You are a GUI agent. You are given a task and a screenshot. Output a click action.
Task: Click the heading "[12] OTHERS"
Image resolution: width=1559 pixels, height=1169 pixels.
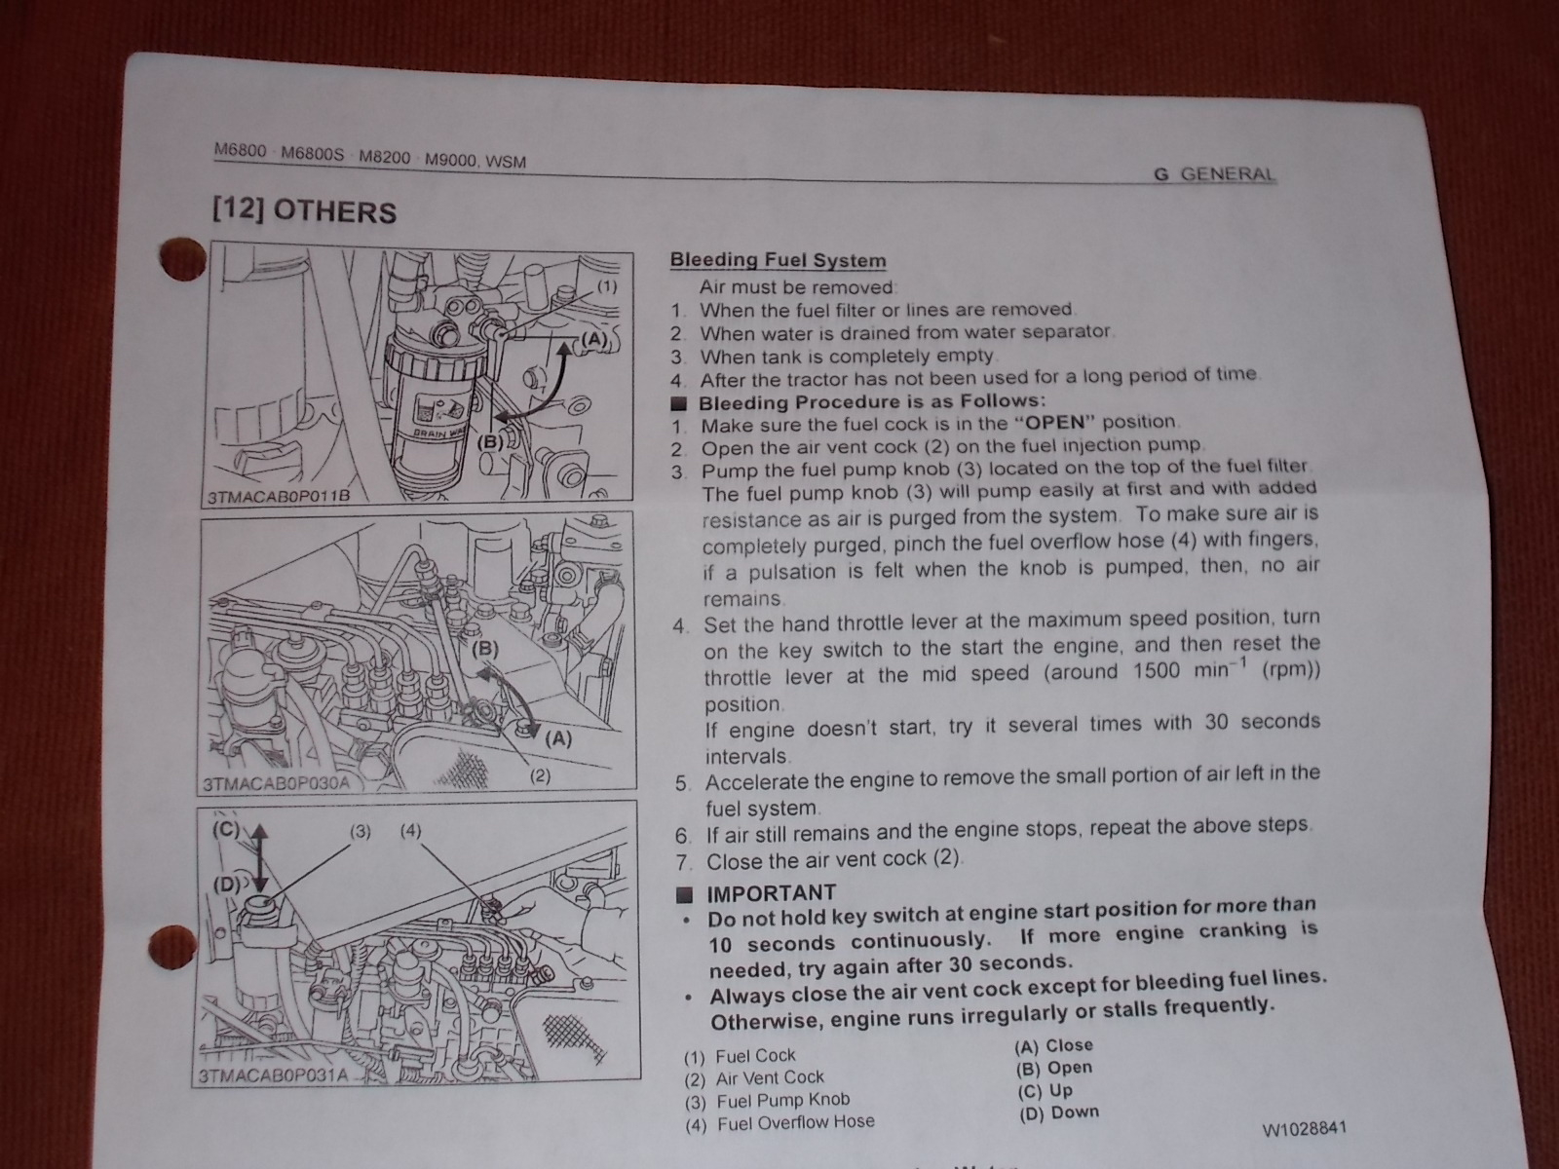(x=304, y=211)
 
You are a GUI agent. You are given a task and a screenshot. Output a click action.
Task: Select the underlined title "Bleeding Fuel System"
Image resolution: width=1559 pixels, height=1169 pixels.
(x=778, y=260)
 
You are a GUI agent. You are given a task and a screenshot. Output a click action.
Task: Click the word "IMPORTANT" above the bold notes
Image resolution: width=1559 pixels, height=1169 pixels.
(x=772, y=893)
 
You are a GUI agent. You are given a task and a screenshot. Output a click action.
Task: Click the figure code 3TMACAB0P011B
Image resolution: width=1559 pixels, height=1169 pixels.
(x=279, y=496)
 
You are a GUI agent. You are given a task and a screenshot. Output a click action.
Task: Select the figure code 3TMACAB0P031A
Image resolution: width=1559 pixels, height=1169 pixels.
(x=274, y=1075)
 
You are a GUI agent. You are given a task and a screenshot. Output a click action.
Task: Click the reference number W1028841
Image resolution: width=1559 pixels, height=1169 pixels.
(x=1304, y=1128)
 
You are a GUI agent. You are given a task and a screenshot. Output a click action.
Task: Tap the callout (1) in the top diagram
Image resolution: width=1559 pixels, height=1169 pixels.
(x=607, y=286)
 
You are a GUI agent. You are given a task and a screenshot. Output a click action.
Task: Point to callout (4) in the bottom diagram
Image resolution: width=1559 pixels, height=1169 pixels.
(x=410, y=830)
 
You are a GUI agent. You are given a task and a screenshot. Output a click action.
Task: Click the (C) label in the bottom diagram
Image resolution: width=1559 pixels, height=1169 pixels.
(x=226, y=830)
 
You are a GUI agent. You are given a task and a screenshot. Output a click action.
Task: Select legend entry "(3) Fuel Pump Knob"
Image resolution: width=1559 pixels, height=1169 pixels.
(x=767, y=1100)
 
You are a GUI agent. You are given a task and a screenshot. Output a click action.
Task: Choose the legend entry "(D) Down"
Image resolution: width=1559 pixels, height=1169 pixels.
(x=1059, y=1112)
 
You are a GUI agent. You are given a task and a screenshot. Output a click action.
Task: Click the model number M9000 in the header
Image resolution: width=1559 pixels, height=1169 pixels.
(x=450, y=160)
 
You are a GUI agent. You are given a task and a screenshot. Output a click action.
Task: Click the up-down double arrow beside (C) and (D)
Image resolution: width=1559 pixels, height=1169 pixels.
(x=260, y=857)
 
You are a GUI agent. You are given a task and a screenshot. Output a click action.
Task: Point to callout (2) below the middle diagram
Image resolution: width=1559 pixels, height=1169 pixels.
(x=540, y=775)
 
